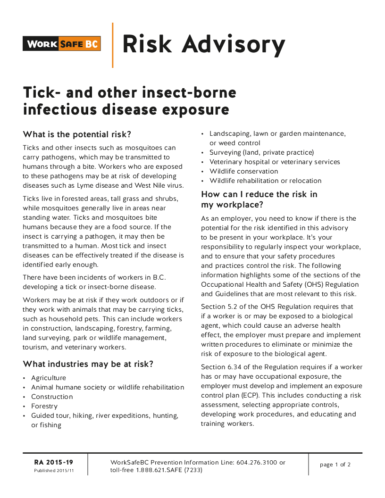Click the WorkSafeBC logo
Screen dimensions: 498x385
click(x=62, y=44)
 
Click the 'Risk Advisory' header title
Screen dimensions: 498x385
click(x=204, y=44)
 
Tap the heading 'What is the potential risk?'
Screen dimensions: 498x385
click(x=77, y=134)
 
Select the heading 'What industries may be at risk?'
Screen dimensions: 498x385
click(x=88, y=364)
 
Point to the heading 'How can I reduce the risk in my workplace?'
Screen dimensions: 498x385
click(x=259, y=199)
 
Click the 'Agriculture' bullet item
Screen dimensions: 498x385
click(x=49, y=378)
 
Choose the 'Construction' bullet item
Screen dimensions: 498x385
click(x=52, y=397)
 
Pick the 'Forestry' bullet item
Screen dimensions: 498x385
click(x=44, y=406)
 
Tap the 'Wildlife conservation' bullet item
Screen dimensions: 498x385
click(x=244, y=171)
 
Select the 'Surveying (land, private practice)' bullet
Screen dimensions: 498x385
click(x=262, y=152)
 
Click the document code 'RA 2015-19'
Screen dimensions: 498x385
click(x=53, y=462)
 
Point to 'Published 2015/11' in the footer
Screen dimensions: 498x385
click(x=54, y=471)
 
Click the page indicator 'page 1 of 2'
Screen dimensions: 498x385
click(x=335, y=465)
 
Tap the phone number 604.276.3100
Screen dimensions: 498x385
click(x=260, y=462)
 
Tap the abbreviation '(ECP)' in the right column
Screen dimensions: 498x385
click(x=252, y=386)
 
